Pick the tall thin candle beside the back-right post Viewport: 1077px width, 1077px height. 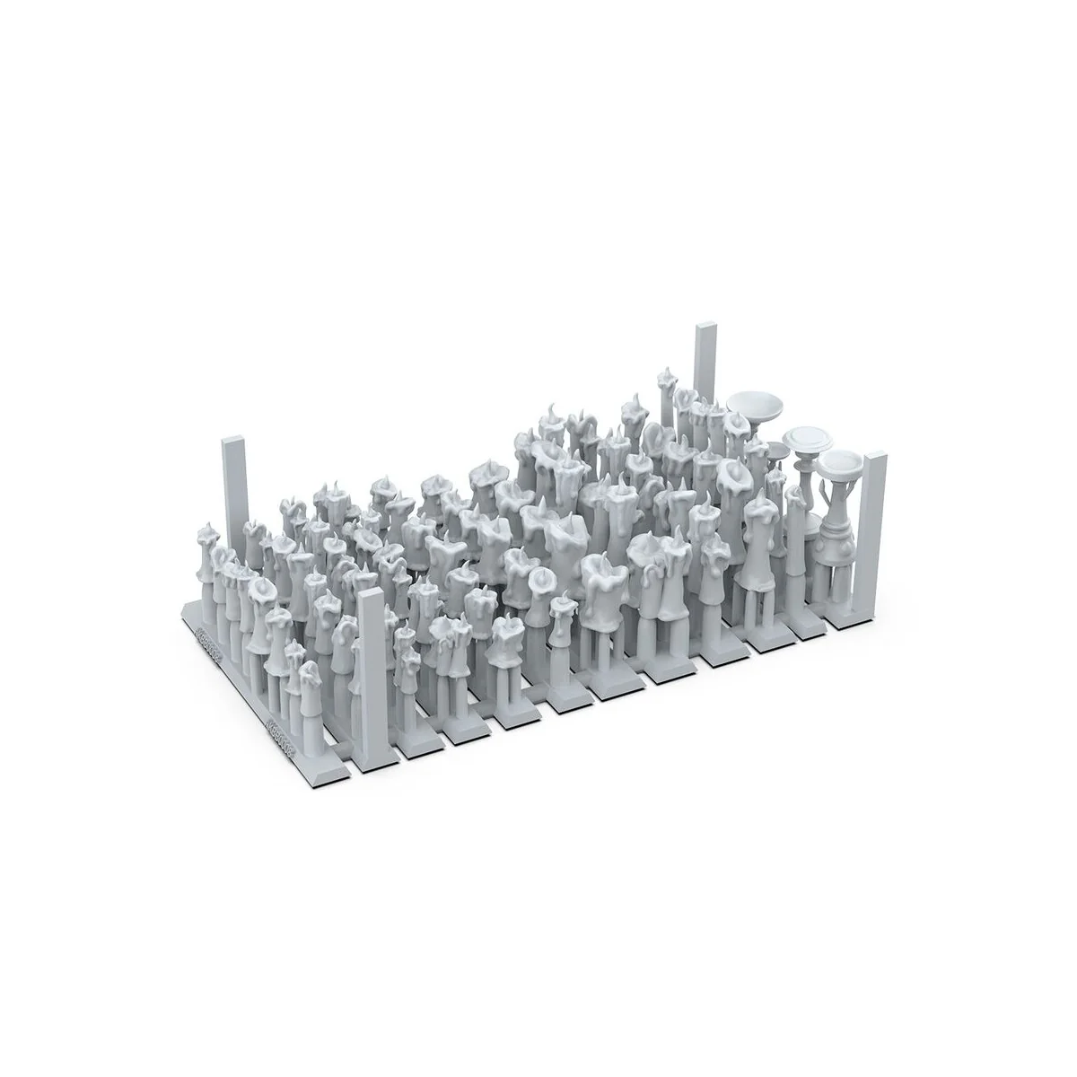pyautogui.click(x=666, y=395)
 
